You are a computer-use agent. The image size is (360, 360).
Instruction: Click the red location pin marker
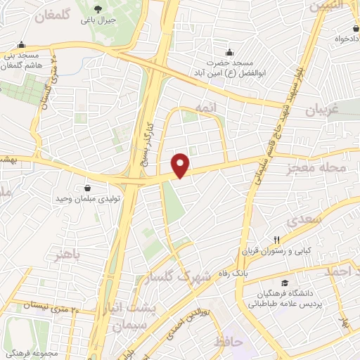tap(181, 165)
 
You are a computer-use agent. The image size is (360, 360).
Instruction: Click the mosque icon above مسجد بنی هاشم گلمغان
tap(23, 44)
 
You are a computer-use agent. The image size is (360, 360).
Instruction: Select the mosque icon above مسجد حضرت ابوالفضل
tap(229, 52)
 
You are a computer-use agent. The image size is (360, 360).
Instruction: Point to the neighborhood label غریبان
tap(322, 110)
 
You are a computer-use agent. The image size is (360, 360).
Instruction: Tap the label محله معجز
tap(322, 169)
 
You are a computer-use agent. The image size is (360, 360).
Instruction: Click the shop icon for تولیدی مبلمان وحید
tap(87, 188)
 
